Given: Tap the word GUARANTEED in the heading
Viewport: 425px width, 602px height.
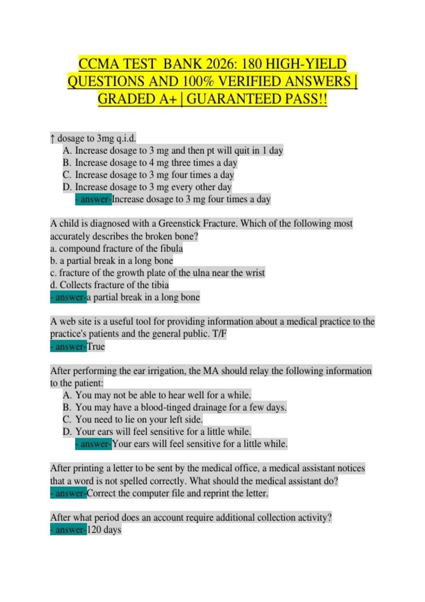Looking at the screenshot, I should pos(233,99).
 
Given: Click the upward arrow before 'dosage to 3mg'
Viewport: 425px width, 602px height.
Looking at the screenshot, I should pos(52,138).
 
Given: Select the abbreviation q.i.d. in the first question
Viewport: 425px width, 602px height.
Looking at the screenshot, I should pos(126,138).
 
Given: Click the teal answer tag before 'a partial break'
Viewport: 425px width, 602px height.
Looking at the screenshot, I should pos(68,297).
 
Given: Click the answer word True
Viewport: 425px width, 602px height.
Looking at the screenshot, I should pos(96,346).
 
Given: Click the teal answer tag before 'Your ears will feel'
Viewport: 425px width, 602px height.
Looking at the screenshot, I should pos(93,444).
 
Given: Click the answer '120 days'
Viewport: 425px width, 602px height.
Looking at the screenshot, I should pos(104,530).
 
